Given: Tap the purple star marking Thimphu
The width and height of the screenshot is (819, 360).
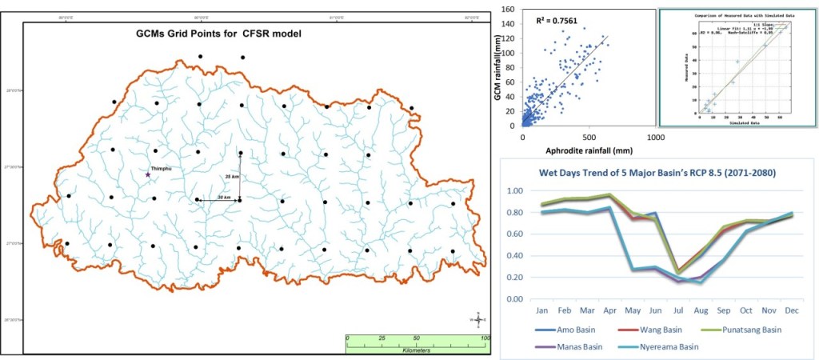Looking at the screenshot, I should click(x=148, y=174).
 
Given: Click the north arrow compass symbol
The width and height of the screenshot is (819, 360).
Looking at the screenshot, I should click(x=478, y=320).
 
